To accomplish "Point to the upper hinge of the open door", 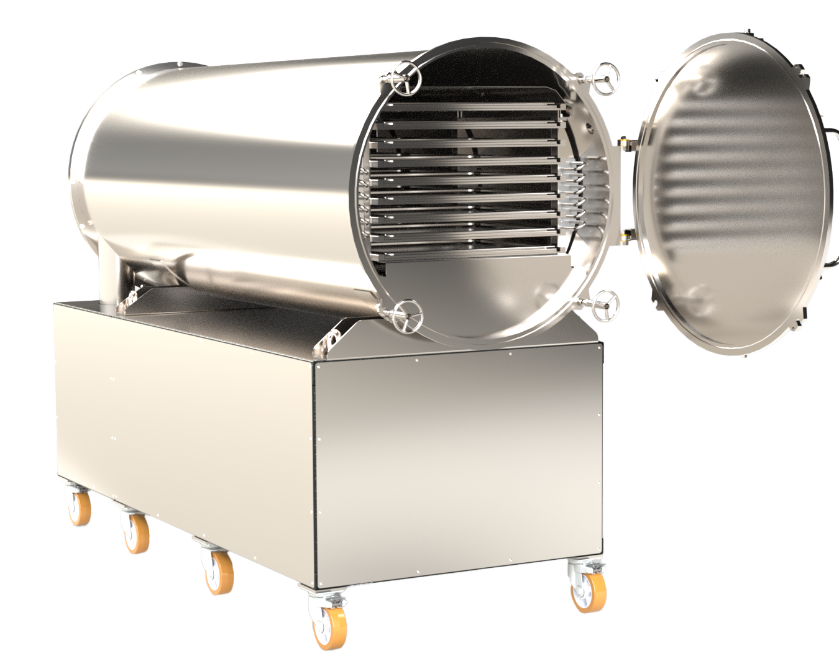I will [626, 142].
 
